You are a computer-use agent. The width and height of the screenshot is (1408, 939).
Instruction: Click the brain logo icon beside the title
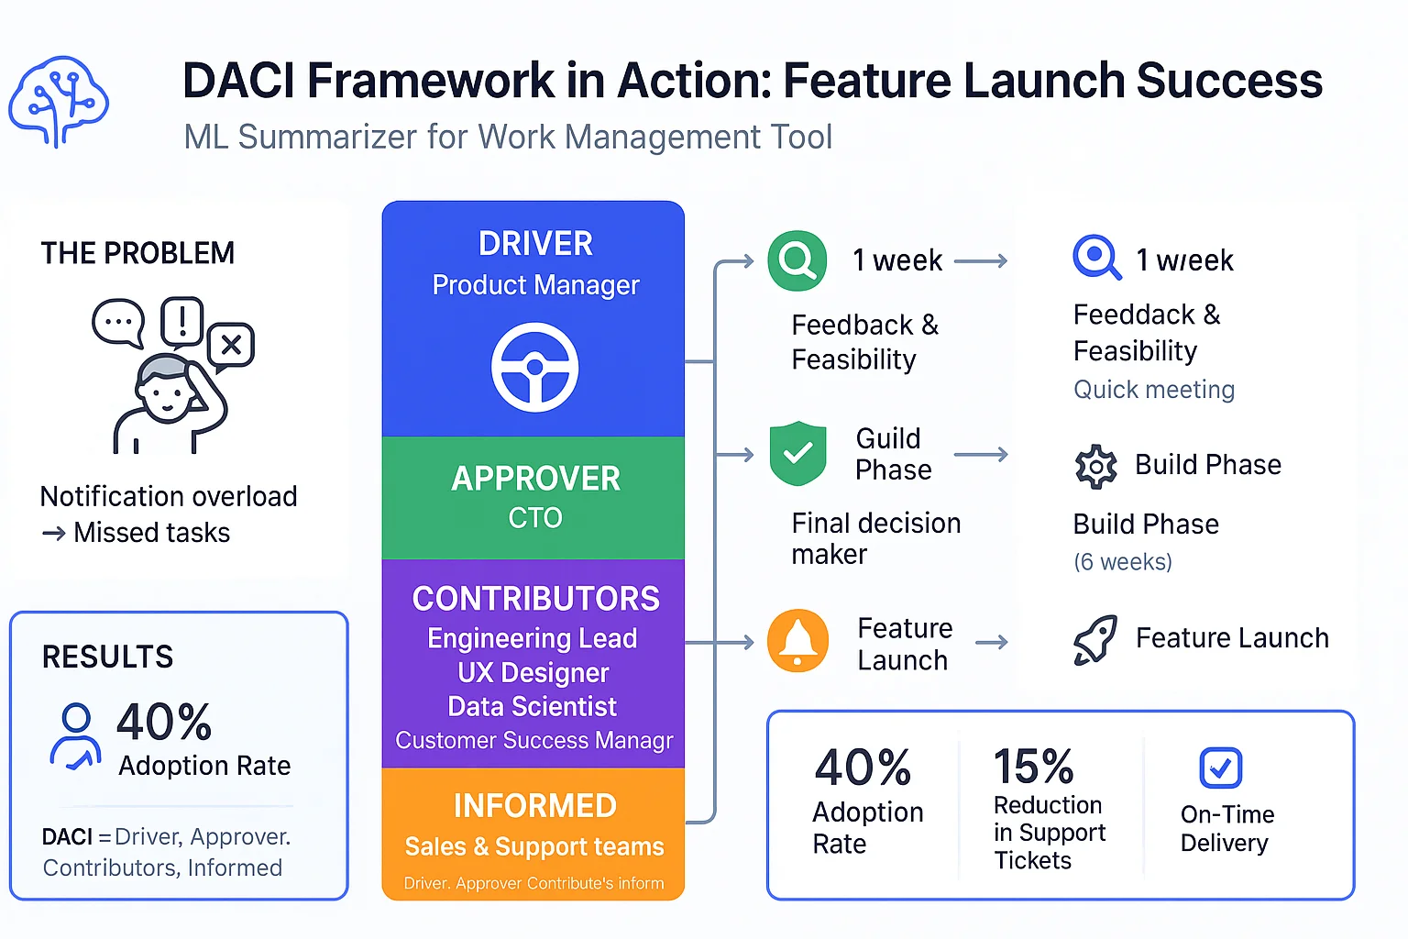coord(59,102)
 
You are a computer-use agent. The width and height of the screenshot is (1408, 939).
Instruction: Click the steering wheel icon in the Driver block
coord(534,367)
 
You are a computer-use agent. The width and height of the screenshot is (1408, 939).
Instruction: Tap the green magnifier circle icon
coord(797,260)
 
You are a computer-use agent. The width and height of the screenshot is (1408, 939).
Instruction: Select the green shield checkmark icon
coord(797,453)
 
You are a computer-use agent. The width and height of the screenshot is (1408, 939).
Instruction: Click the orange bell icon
coord(797,640)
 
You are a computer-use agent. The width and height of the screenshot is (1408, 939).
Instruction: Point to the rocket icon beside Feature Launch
coord(1095,638)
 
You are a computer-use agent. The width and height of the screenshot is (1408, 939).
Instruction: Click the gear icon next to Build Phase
coord(1095,467)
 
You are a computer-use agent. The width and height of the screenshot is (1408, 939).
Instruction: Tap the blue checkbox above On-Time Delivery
coord(1220,768)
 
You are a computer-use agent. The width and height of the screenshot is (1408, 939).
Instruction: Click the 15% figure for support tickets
coord(1033,767)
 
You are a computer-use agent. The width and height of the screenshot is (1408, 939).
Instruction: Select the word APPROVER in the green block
coord(535,479)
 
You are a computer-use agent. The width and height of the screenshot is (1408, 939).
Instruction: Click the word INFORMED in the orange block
coord(534,806)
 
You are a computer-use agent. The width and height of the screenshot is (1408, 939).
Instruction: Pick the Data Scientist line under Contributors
coord(532,707)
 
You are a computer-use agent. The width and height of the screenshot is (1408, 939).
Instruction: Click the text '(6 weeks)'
coord(1123,562)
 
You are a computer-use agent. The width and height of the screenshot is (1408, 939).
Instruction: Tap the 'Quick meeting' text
coord(1154,390)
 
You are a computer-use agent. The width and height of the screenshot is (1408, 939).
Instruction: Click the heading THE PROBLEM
coord(137,253)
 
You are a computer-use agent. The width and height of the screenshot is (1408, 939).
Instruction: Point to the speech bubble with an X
coord(231,346)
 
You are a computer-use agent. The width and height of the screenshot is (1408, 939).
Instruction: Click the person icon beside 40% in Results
coord(75,735)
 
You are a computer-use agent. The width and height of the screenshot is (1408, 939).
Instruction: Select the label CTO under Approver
coord(535,518)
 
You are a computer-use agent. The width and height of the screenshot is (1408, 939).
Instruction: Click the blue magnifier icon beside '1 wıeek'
coord(1095,258)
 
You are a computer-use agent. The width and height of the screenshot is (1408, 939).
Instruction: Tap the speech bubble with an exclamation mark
coord(181,321)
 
